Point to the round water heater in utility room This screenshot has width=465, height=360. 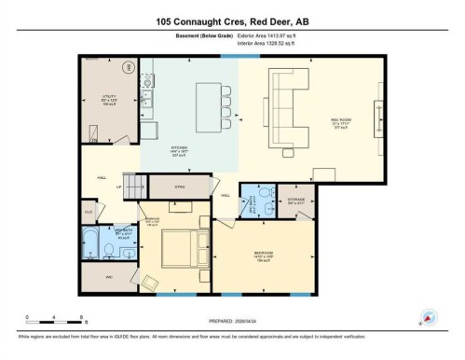(129, 67)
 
